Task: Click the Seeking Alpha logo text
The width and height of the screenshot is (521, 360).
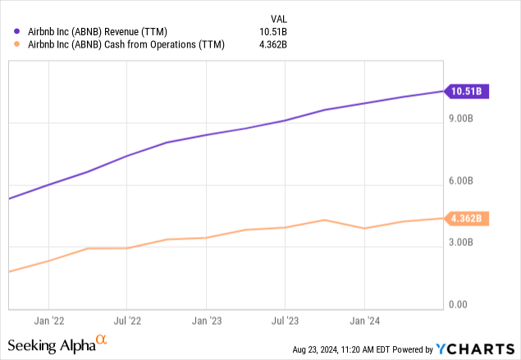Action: (57, 345)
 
